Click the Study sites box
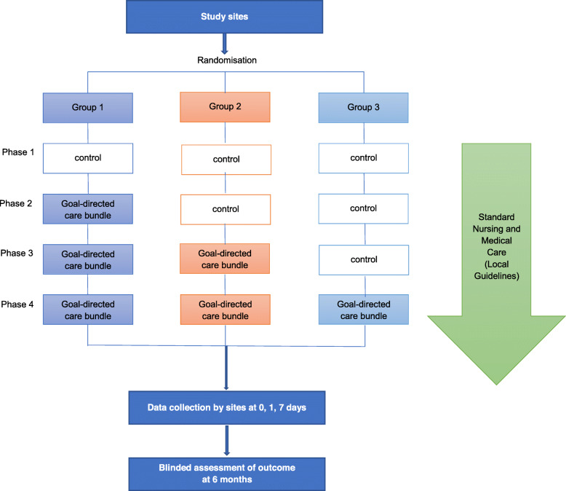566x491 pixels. [x=224, y=17]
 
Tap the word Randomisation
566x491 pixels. [x=227, y=60]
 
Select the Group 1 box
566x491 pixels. [x=88, y=108]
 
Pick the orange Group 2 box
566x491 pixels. [x=225, y=107]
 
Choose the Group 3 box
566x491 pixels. [x=364, y=108]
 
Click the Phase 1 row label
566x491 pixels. [x=18, y=152]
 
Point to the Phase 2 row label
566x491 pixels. [x=16, y=203]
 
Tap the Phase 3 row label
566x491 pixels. [x=17, y=253]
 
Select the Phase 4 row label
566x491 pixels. [x=17, y=305]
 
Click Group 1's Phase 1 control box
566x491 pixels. [x=88, y=158]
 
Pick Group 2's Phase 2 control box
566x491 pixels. [x=226, y=210]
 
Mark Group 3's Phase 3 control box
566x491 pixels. [x=364, y=260]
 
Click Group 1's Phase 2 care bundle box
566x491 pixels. [x=88, y=209]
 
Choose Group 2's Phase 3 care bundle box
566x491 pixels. [x=225, y=259]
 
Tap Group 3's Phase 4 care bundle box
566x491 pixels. [x=364, y=310]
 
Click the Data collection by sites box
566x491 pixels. [x=227, y=407]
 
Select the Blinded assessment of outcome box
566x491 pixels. [x=227, y=474]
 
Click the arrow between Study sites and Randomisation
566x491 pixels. [x=225, y=44]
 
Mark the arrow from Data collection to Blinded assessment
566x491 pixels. [x=227, y=441]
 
